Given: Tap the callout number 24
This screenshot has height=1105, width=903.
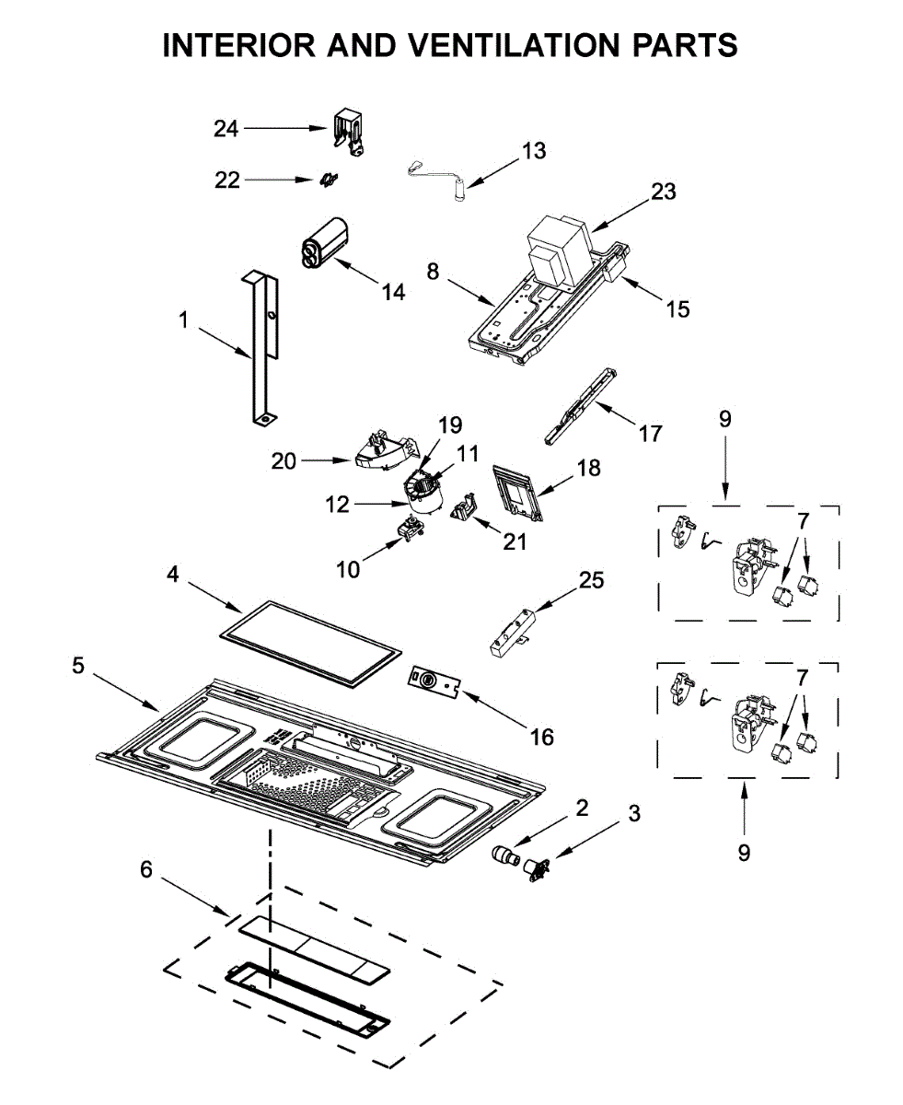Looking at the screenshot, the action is tap(226, 128).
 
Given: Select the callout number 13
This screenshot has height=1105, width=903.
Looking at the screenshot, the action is tap(534, 150).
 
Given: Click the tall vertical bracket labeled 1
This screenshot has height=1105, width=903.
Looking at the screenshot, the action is tap(264, 348).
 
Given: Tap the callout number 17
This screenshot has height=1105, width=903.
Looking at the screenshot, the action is tap(650, 434).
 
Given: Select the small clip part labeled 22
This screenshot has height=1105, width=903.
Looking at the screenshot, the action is tap(329, 180).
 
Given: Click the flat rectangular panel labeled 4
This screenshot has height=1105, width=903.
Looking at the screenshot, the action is tap(310, 644).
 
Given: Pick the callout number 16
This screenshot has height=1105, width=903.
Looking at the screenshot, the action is tap(541, 738).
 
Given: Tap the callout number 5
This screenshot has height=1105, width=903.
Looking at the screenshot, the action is tap(77, 666).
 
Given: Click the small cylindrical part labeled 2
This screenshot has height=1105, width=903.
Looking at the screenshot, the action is tap(505, 857).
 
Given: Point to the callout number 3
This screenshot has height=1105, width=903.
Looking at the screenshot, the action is tap(634, 813).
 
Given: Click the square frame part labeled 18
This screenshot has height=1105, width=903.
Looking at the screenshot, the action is tap(518, 493).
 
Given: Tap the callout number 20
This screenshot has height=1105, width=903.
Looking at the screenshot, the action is tap(284, 461).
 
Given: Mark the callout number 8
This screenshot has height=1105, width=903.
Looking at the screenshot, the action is tap(433, 272).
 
